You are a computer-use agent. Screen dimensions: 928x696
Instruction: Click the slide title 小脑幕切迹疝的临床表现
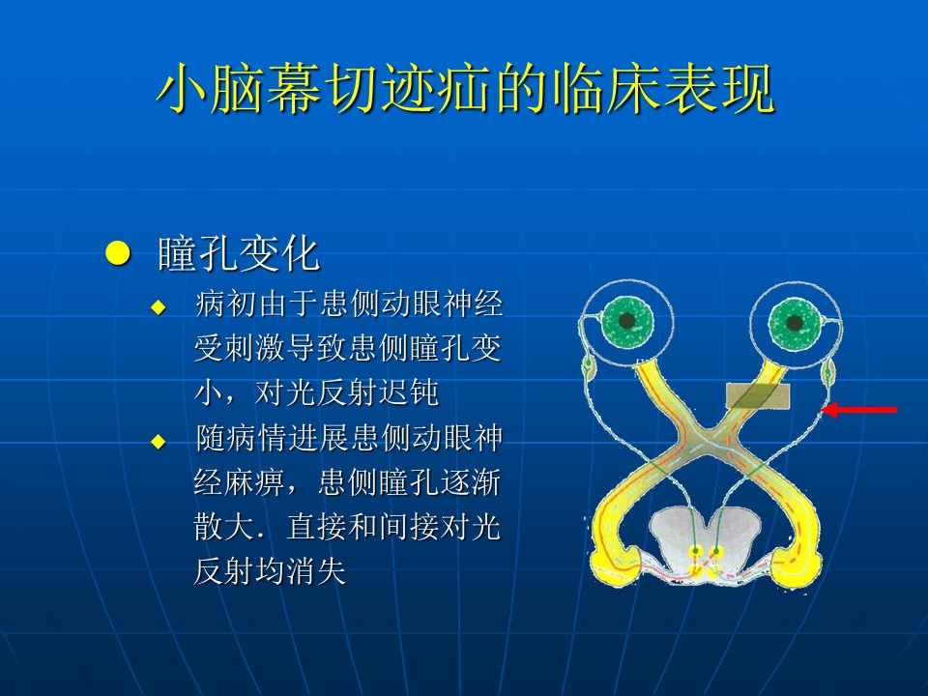465,88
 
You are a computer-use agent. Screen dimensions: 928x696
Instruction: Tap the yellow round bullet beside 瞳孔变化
118,253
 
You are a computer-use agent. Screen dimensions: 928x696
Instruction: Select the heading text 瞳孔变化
239,254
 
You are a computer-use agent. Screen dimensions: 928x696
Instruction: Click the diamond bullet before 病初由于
159,306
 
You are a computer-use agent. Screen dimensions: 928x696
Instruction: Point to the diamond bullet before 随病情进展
159,442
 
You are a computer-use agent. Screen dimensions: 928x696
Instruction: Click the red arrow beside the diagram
859,410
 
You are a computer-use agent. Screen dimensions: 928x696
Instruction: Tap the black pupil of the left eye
626,321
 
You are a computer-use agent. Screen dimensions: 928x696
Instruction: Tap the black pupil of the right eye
794,324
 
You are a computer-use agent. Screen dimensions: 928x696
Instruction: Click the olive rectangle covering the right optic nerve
758,396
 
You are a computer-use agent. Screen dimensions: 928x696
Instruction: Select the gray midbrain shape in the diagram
705,538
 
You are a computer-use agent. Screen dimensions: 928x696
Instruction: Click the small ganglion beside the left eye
589,370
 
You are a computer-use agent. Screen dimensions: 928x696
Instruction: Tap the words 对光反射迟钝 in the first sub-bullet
347,391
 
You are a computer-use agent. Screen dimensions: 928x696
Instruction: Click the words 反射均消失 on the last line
270,571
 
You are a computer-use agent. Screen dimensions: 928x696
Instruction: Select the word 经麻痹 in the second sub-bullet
240,481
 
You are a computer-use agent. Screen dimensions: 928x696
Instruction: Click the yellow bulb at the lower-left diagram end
616,565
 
